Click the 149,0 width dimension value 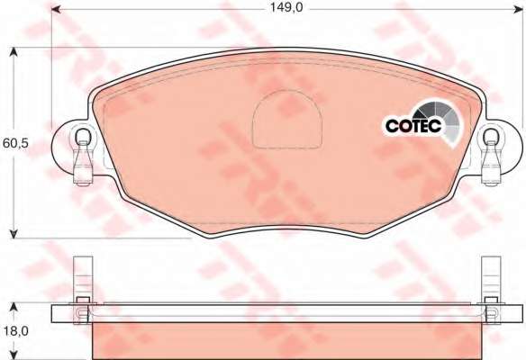[x=286, y=7]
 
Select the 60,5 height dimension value [x=15, y=144]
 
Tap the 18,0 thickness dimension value [x=16, y=331]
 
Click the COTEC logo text [x=413, y=126]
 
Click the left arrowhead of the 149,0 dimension [x=56, y=9]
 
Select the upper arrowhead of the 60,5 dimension [x=14, y=52]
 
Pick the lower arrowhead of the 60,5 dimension [x=14, y=234]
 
